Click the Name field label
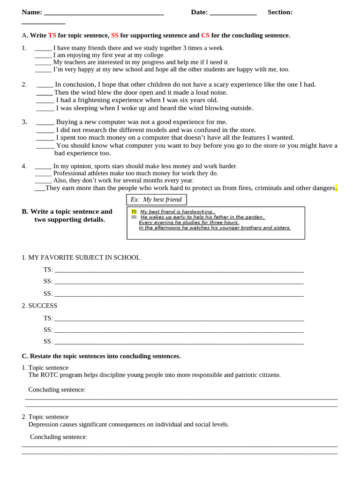coord(32,12)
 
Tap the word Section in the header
coord(280,12)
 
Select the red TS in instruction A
coord(52,36)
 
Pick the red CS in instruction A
coord(205,36)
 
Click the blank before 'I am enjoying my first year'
coord(43,55)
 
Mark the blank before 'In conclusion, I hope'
coord(45,85)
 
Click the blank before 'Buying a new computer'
coord(45,122)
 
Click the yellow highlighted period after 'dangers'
coord(336,188)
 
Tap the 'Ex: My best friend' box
coord(157,200)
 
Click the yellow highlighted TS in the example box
coord(134,212)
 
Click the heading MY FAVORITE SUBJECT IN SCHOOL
coord(84,258)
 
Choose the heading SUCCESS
coord(43,306)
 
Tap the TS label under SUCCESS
coord(48,318)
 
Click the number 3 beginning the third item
coord(24,122)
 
